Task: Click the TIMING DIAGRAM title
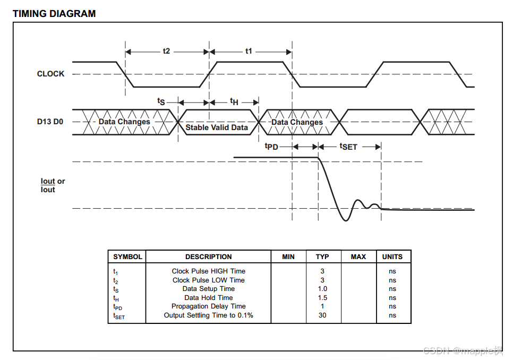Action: click(54, 14)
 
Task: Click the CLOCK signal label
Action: click(50, 74)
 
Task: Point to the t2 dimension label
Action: click(166, 51)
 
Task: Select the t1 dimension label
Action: click(249, 51)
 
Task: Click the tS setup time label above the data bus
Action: click(161, 101)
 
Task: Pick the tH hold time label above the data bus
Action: click(234, 101)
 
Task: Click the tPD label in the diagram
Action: click(271, 147)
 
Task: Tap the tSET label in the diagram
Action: click(348, 147)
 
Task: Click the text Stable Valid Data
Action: click(217, 127)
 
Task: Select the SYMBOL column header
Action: click(127, 256)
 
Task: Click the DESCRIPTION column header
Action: click(209, 256)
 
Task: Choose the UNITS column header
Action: click(392, 256)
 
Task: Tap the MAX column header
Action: click(358, 256)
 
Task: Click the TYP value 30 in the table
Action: click(322, 315)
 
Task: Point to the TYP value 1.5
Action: click(322, 298)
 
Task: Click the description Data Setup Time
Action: click(209, 289)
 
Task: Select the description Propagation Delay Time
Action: click(209, 306)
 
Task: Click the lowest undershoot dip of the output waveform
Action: click(346, 220)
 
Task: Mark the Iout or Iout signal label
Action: click(53, 185)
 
